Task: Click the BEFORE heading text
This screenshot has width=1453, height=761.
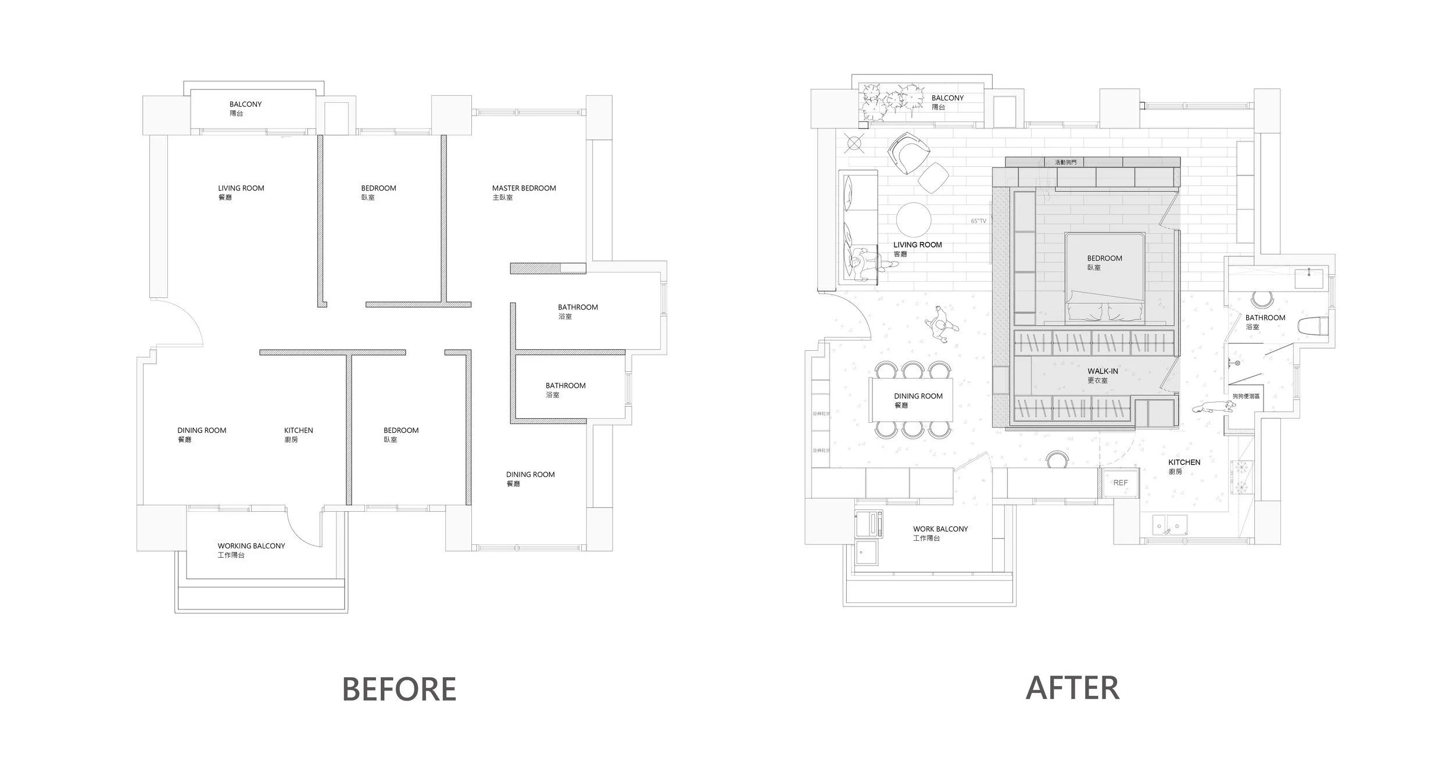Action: coord(399,689)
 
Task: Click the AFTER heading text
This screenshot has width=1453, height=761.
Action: coord(1072,688)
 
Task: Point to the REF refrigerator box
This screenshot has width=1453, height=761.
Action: coord(1120,483)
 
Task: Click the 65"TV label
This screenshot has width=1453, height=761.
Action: coord(979,221)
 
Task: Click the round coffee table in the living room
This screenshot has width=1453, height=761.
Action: coord(914,220)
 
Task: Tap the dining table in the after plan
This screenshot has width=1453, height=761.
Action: coord(911,400)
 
